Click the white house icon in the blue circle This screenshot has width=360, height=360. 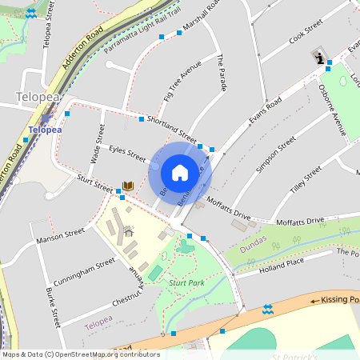(179, 173)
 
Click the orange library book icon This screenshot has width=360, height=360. (127, 186)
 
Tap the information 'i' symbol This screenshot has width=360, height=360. (320, 57)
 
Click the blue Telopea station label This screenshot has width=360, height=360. (44, 129)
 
